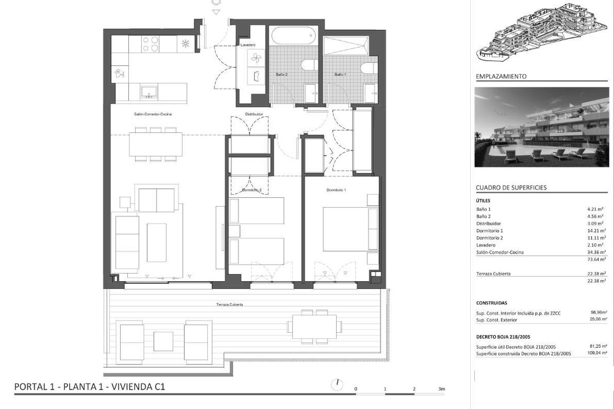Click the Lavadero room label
click(x=248, y=44)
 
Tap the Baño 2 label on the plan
click(x=281, y=74)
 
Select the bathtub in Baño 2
click(x=293, y=36)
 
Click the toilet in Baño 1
click(x=369, y=68)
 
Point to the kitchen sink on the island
click(x=149, y=92)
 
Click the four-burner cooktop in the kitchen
click(x=150, y=44)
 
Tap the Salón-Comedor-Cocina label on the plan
click(x=153, y=114)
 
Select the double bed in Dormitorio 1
click(x=351, y=229)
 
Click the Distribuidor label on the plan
click(x=254, y=114)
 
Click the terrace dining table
click(x=314, y=327)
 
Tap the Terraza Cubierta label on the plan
click(x=229, y=304)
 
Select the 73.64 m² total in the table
click(x=597, y=259)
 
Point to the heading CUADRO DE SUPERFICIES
click(x=511, y=188)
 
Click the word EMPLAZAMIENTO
click(x=501, y=76)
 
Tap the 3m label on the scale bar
click(x=442, y=389)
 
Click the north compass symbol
click(x=337, y=384)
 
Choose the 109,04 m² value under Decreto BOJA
click(x=597, y=353)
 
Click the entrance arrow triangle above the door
click(x=216, y=12)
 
